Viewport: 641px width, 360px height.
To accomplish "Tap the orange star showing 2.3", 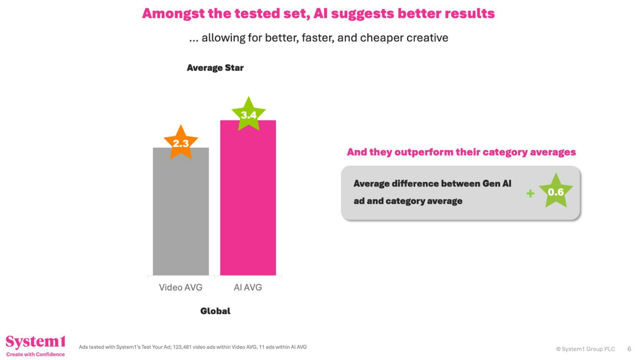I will coord(181,143).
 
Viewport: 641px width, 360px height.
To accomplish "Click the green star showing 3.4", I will coord(248,115).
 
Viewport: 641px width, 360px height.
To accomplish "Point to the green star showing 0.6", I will coord(556,192).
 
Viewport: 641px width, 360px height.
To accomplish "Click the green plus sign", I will coord(530,194).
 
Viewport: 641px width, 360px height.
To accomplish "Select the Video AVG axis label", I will coord(181,287).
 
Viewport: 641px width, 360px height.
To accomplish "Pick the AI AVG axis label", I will coord(248,287).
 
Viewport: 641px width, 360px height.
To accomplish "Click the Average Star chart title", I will coord(215,68).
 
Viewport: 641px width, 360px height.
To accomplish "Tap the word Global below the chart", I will coord(215,311).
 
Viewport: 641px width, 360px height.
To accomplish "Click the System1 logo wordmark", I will coord(35,342).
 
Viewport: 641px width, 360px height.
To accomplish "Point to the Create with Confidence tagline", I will coord(35,354).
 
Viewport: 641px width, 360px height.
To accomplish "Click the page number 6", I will coord(629,349).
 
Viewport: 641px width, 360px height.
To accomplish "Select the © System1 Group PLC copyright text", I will coord(585,349).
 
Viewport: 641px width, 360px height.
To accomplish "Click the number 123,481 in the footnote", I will coord(182,347).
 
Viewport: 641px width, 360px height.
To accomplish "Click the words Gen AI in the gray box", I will coord(497,183).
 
